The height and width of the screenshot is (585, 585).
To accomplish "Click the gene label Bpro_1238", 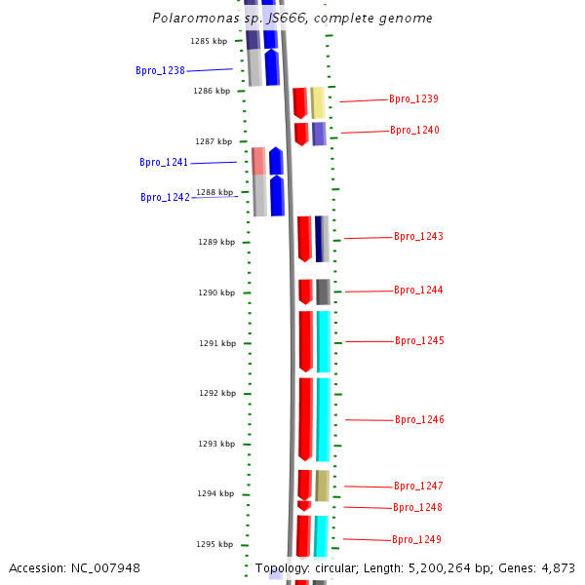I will click(x=160, y=70).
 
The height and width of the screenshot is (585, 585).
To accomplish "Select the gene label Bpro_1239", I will click(x=413, y=98).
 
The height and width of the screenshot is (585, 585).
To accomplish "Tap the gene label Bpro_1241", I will click(x=164, y=163).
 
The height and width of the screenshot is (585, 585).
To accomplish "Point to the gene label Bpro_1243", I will click(x=418, y=237).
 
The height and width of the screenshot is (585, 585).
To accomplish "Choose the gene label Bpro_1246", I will click(x=419, y=419).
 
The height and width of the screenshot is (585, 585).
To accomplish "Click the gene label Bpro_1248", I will click(x=417, y=507).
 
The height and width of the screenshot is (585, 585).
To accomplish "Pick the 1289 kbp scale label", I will click(x=216, y=242).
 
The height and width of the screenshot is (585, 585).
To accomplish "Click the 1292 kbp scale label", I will click(x=217, y=393).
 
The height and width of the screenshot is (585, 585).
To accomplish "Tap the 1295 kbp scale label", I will click(x=214, y=544).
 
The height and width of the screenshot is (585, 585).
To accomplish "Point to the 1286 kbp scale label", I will click(x=212, y=91).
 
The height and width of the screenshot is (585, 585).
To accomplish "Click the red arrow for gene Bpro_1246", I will click(x=306, y=418).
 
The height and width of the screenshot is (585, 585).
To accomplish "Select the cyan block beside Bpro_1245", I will click(x=324, y=341).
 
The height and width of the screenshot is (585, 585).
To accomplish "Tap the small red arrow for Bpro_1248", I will click(x=304, y=505).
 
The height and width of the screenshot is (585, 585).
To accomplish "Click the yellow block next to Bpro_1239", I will click(x=318, y=102).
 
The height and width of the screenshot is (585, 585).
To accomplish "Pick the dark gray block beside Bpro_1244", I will click(x=323, y=292).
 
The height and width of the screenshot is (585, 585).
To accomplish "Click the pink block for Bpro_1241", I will click(x=258, y=161).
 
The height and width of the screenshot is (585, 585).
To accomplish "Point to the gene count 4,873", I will click(x=555, y=568).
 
